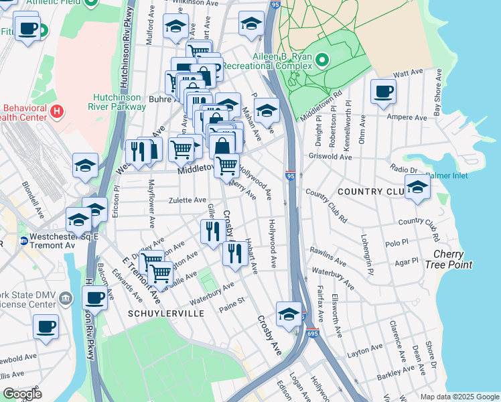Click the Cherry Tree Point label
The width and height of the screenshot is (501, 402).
[453, 259]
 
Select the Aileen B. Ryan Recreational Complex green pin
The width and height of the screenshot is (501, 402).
[321, 62]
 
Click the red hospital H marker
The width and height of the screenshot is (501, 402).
[57, 110]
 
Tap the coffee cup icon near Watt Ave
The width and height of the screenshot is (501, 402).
[383, 92]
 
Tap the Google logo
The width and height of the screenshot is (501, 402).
[22, 394]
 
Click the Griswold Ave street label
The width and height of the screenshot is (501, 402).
[330, 157]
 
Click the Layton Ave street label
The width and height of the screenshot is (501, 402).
[365, 350]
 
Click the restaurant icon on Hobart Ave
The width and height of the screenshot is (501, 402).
[234, 254]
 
